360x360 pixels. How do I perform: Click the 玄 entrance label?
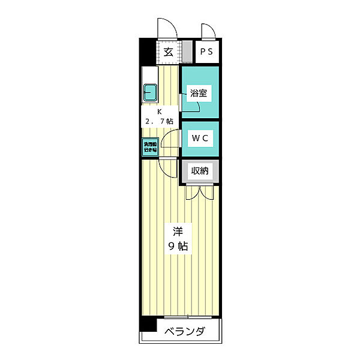pos(169,52)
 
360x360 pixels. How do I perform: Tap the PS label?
pos(206,52)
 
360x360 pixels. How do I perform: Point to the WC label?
pos(200,138)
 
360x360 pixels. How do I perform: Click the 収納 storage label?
pos(200,171)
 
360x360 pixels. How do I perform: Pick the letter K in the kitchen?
pos(160,112)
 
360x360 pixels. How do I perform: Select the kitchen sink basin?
pos(150,93)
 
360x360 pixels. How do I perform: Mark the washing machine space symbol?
pos(149,146)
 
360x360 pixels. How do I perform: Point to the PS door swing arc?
pos(207,32)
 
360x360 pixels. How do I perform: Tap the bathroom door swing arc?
pos(191,107)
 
